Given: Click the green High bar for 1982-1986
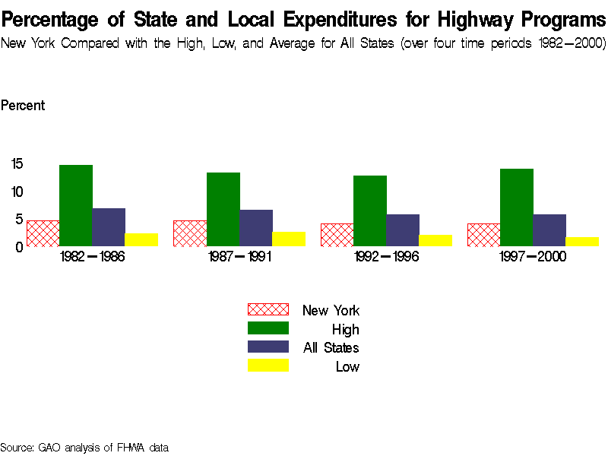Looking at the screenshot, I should click(x=76, y=205).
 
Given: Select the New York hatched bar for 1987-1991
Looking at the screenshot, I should click(x=190, y=233).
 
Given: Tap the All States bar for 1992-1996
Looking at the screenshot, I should click(x=403, y=230).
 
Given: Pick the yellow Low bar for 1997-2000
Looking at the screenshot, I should click(x=582, y=242).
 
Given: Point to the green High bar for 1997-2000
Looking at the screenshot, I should click(x=517, y=207).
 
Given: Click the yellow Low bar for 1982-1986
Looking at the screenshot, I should click(x=141, y=240).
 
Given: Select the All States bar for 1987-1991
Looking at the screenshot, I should click(x=256, y=228).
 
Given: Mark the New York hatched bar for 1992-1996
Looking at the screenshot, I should click(x=337, y=235).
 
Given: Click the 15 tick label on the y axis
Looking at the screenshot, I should click(x=17, y=163).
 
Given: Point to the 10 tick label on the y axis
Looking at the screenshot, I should click(x=17, y=192).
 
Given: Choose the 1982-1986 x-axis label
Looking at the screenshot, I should click(x=92, y=257).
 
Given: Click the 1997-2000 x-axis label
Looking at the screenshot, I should click(x=533, y=257).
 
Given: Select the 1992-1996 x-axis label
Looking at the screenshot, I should click(x=386, y=257).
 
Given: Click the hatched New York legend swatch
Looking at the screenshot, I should click(x=268, y=309).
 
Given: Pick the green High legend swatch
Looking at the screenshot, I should click(x=268, y=328).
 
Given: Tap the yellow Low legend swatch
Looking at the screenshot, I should click(x=268, y=366).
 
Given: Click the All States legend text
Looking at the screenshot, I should click(x=331, y=348).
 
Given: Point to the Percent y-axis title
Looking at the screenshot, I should click(x=22, y=106).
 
